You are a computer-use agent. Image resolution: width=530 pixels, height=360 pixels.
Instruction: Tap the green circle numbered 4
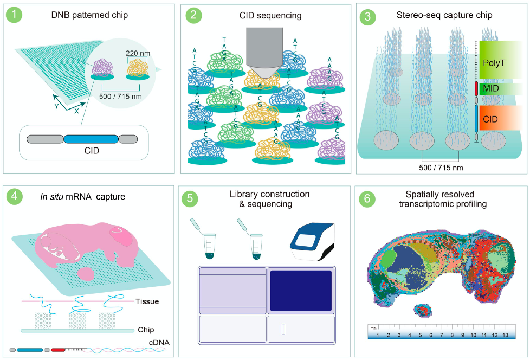(15, 197)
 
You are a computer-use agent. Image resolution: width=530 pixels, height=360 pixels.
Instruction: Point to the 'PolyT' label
(494, 63)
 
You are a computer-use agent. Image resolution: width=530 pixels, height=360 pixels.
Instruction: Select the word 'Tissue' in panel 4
(147, 301)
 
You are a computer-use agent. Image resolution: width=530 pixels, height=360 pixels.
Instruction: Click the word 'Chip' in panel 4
(146, 329)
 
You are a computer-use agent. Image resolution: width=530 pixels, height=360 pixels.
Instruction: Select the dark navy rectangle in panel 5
(300, 291)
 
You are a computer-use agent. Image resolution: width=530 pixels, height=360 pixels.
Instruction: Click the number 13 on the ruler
(506, 336)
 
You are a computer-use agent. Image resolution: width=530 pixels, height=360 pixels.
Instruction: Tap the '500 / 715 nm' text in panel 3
(441, 168)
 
